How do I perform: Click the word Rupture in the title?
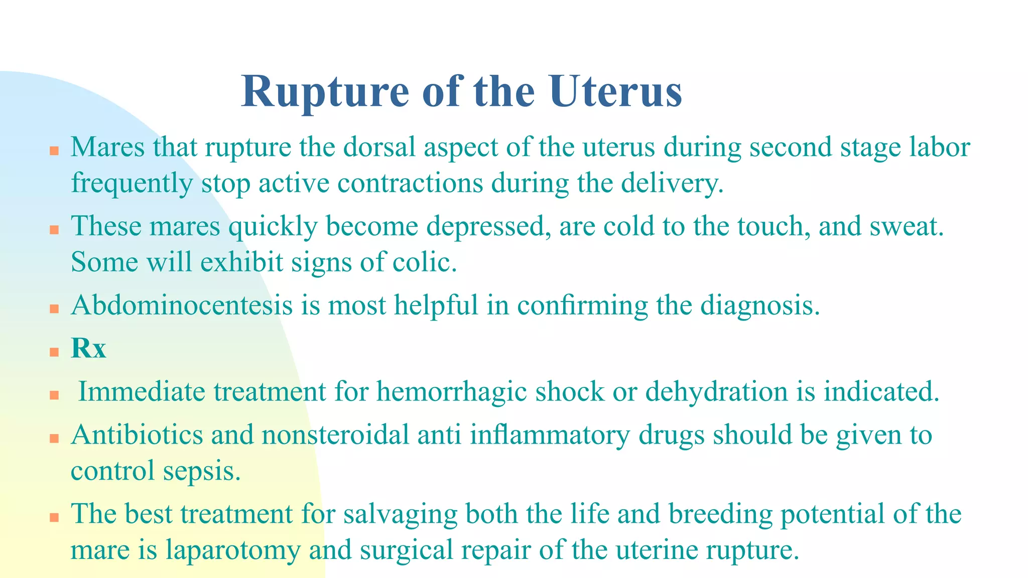click(x=325, y=92)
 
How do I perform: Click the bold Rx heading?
click(x=88, y=348)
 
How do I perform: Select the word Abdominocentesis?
click(x=182, y=305)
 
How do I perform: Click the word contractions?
click(x=410, y=183)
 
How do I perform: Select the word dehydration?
click(x=717, y=392)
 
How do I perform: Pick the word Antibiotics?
click(x=137, y=435)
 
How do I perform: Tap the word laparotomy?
click(x=233, y=550)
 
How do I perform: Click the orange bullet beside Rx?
click(x=54, y=352)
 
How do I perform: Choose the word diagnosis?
click(x=760, y=305)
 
